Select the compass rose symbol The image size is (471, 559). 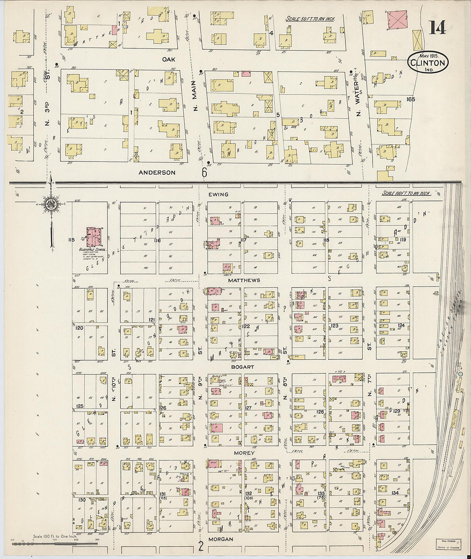pos(51,203)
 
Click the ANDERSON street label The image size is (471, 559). pos(157,173)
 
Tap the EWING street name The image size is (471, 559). pos(218,194)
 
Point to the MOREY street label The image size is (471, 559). pos(244,453)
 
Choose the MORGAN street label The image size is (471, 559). pos(221,539)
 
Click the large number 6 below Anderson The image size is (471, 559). pos(204,172)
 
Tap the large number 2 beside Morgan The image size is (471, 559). pos(200,546)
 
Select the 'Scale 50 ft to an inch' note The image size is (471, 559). pos(310,19)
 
